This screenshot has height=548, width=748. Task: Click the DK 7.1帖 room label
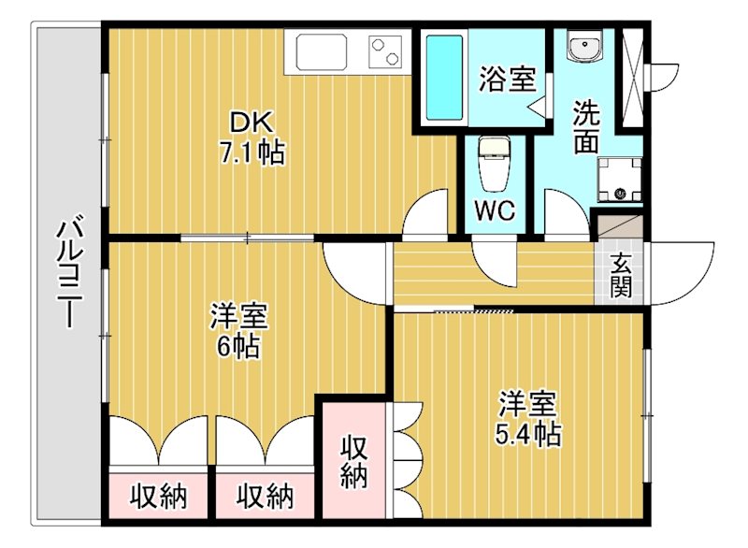coord(252,137)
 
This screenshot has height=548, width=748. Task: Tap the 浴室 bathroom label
coord(507,79)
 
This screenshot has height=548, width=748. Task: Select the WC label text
coord(495,210)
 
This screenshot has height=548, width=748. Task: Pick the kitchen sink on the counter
coord(321,51)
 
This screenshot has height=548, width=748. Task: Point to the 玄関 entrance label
coord(621,275)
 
